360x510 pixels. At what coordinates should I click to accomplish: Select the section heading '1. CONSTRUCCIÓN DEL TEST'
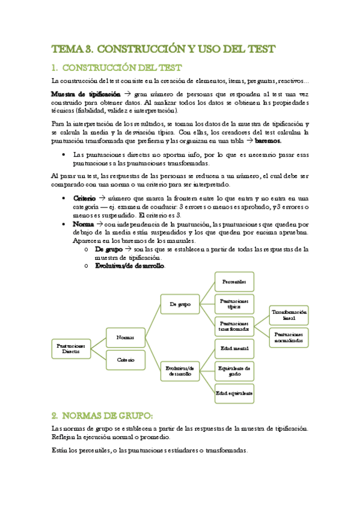[117, 67]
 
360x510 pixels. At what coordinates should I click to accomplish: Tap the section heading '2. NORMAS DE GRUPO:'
[102, 415]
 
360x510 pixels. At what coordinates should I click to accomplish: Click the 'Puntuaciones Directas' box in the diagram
[71, 349]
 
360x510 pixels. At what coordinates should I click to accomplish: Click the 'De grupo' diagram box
[180, 304]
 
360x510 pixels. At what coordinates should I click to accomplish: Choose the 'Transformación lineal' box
[290, 315]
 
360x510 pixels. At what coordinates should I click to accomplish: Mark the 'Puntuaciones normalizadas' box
[290, 337]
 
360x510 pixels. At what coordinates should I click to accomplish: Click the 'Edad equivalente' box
[234, 393]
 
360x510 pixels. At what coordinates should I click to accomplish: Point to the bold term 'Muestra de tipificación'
[86, 95]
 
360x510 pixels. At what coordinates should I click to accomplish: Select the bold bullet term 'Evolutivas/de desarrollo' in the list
[129, 266]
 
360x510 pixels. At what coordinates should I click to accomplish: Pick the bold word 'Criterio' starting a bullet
[84, 198]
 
